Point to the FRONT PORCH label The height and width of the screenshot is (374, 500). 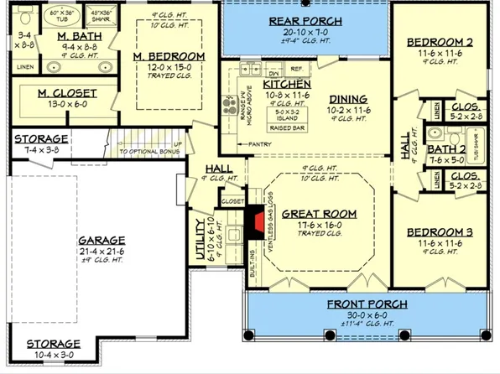point(367,304)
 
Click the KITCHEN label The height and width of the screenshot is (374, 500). point(264,85)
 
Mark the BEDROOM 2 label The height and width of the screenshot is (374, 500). point(435,42)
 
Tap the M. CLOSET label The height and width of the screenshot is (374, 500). point(67,92)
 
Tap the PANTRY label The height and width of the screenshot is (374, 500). point(260,144)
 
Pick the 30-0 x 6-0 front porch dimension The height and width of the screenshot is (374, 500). point(367,315)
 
